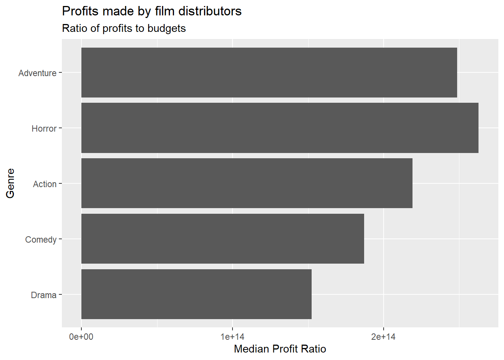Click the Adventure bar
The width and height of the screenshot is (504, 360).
269,72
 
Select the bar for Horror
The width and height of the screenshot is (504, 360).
280,128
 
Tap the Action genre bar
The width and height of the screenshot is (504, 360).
247,183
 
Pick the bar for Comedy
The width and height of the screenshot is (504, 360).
222,238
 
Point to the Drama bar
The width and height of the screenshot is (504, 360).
196,294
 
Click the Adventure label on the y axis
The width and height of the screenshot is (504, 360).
37,73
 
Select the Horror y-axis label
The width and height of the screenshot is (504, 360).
44,129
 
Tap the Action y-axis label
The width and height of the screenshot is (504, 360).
45,184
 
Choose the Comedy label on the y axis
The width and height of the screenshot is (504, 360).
40,240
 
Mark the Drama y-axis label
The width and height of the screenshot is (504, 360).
43,295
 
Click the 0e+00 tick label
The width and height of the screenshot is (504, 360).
81,337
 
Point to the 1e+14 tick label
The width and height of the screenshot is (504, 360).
232,337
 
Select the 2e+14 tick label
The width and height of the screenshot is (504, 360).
383,337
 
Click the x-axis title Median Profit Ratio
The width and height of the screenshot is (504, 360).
280,349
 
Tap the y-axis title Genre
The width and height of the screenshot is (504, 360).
10,183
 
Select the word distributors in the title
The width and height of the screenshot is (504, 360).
210,11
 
